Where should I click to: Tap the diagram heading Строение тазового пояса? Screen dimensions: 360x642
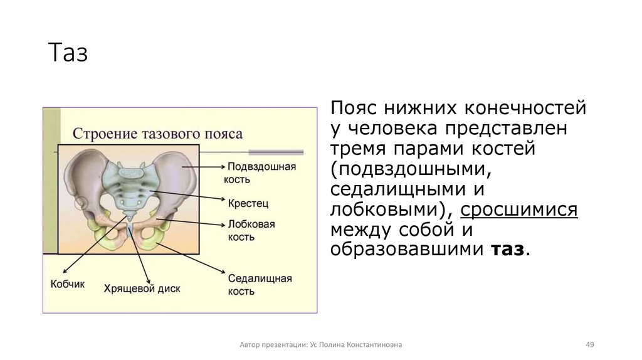point(157,134)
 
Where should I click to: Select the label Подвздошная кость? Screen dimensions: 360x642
point(261,172)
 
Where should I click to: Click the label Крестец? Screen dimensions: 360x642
point(248,203)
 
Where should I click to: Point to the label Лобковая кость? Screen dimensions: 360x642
point(251,230)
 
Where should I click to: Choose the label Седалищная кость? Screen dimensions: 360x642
point(260,285)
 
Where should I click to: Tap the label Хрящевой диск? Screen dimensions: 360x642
point(142,289)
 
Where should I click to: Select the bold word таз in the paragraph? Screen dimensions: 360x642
point(507,249)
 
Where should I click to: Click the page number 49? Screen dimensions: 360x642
point(589,345)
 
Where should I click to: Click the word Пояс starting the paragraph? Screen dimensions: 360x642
point(354,109)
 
